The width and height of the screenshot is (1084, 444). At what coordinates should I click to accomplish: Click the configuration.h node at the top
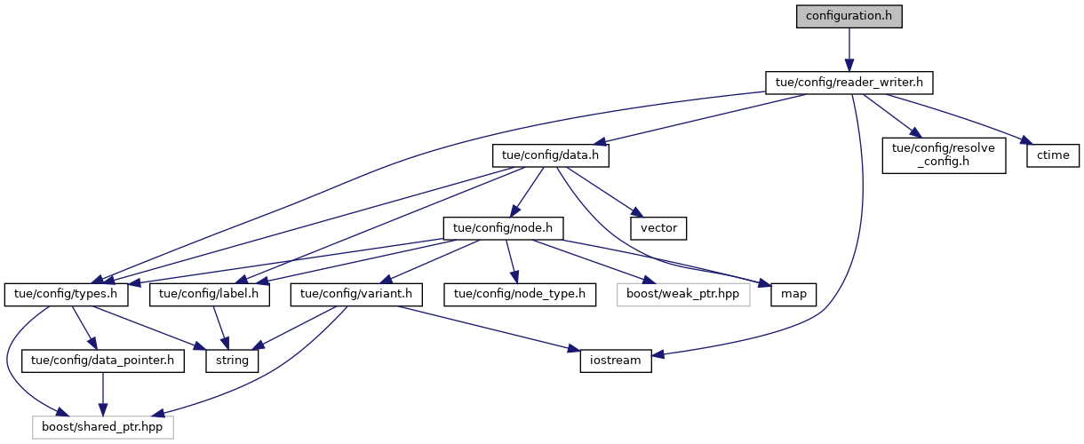pyautogui.click(x=848, y=17)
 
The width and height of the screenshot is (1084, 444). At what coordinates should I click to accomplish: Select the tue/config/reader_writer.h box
pyautogui.click(x=849, y=83)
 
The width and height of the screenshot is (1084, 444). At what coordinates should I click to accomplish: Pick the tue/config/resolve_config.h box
pyautogui.click(x=943, y=156)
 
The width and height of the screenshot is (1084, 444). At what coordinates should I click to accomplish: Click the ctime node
pyautogui.click(x=1054, y=155)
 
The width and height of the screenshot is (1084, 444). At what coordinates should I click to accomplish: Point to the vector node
pyautogui.click(x=659, y=228)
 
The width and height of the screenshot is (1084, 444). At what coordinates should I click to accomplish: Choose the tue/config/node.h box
pyautogui.click(x=503, y=228)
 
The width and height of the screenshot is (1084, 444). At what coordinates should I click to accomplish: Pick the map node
pyautogui.click(x=788, y=294)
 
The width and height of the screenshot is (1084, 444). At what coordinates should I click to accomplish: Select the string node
pyautogui.click(x=233, y=361)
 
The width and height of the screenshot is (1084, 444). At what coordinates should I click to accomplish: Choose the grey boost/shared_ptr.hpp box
pyautogui.click(x=103, y=427)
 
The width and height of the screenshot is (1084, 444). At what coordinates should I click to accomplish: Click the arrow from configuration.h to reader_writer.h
pyautogui.click(x=849, y=49)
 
